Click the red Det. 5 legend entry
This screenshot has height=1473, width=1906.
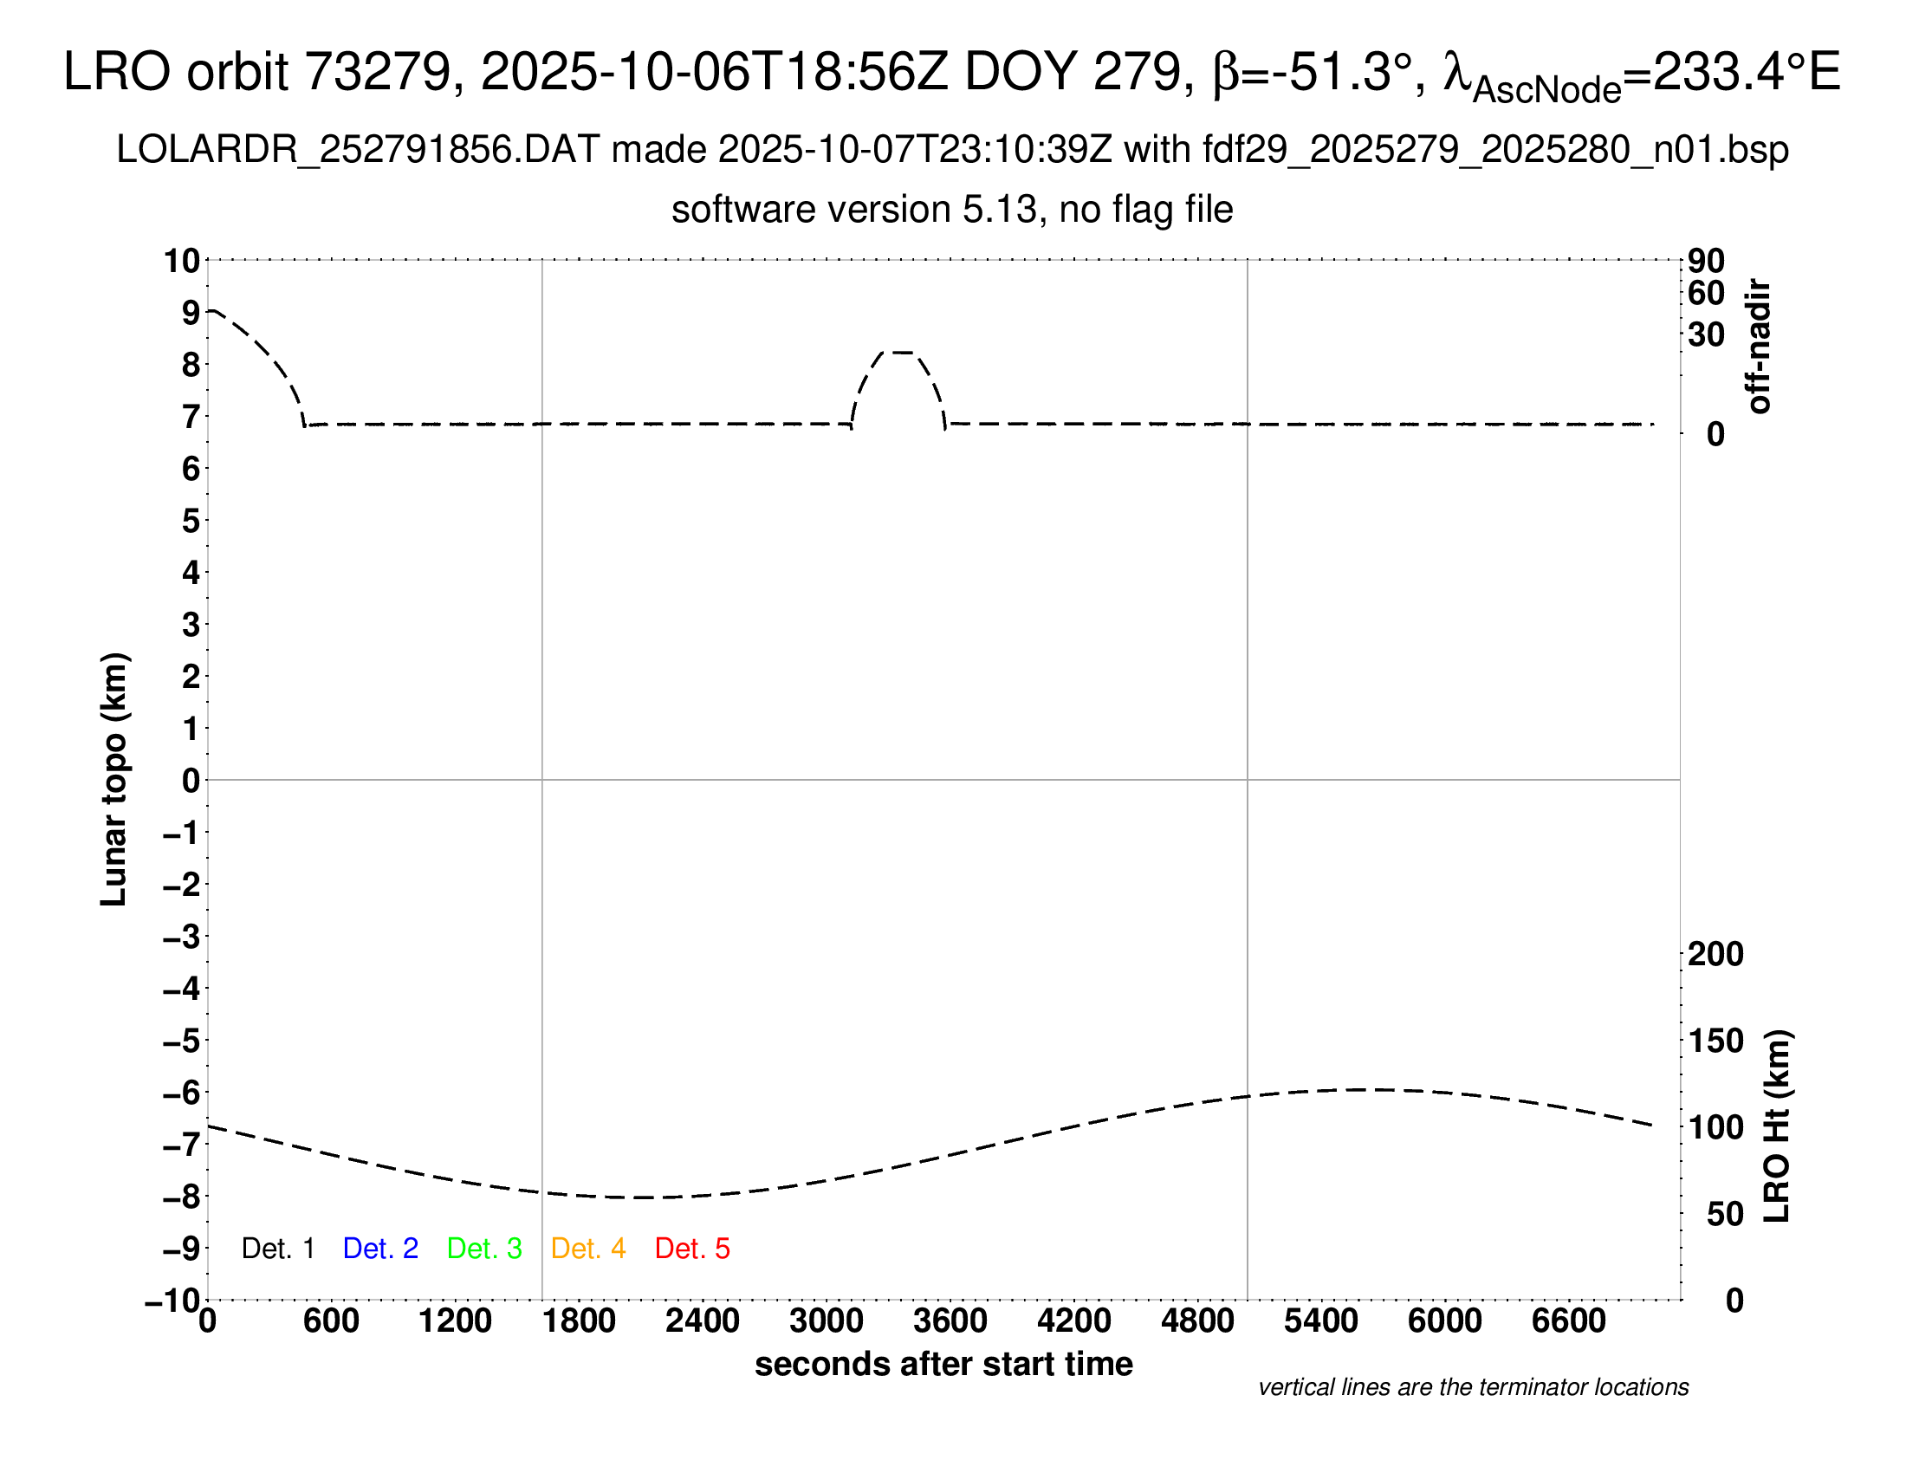(x=692, y=1249)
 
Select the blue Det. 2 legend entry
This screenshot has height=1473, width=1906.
(x=380, y=1249)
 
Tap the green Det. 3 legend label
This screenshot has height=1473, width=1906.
(x=484, y=1249)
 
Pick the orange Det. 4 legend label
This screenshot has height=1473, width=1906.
(x=588, y=1249)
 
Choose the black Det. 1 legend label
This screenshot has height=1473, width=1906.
(x=277, y=1249)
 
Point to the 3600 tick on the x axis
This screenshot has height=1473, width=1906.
(x=950, y=1321)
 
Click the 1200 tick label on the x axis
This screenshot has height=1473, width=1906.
(x=455, y=1321)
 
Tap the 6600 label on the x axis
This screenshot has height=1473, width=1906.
(x=1568, y=1321)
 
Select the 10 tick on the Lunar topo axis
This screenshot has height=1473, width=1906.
(x=183, y=260)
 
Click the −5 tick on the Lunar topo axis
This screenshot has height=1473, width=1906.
(x=181, y=1041)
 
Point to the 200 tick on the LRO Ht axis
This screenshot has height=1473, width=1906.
(x=1715, y=954)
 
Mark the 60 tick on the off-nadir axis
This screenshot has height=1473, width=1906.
(x=1706, y=293)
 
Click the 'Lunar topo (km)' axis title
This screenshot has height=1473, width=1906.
(x=114, y=779)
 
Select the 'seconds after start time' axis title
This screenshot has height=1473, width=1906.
(x=943, y=1364)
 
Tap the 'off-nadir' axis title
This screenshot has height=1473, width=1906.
(x=1759, y=347)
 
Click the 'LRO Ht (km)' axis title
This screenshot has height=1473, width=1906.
(x=1776, y=1126)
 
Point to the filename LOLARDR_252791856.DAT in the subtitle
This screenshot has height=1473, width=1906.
(x=358, y=150)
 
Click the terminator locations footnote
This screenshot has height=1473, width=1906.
(x=1473, y=1387)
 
